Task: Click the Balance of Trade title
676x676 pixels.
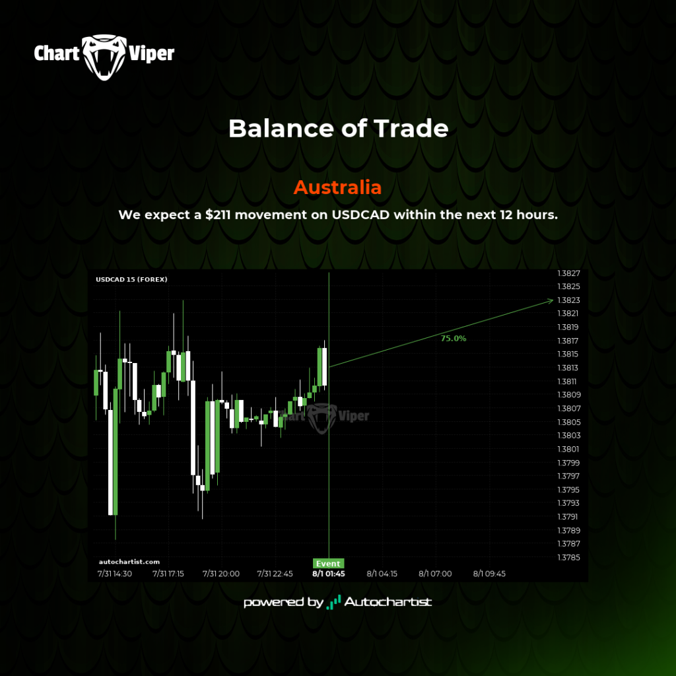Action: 339,129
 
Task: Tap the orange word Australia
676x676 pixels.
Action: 337,187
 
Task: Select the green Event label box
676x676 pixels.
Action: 328,564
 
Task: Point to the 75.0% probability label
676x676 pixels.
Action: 454,339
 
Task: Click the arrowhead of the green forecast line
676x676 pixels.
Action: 551,300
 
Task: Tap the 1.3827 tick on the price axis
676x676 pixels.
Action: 568,273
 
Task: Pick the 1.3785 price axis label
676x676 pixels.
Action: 568,557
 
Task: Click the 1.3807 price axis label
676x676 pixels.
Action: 568,408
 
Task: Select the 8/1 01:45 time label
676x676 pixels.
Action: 329,574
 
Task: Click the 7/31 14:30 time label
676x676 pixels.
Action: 115,574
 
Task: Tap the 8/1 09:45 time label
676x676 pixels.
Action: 489,574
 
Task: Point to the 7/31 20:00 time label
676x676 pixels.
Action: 221,574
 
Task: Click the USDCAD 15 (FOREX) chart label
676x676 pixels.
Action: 131,279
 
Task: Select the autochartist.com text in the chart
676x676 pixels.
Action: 129,562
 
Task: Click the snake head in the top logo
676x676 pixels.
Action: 104,57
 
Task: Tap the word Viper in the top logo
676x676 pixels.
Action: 152,54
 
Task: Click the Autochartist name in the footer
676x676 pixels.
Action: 388,602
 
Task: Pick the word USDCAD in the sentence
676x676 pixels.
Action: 360,215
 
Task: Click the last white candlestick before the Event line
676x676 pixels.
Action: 324,366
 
